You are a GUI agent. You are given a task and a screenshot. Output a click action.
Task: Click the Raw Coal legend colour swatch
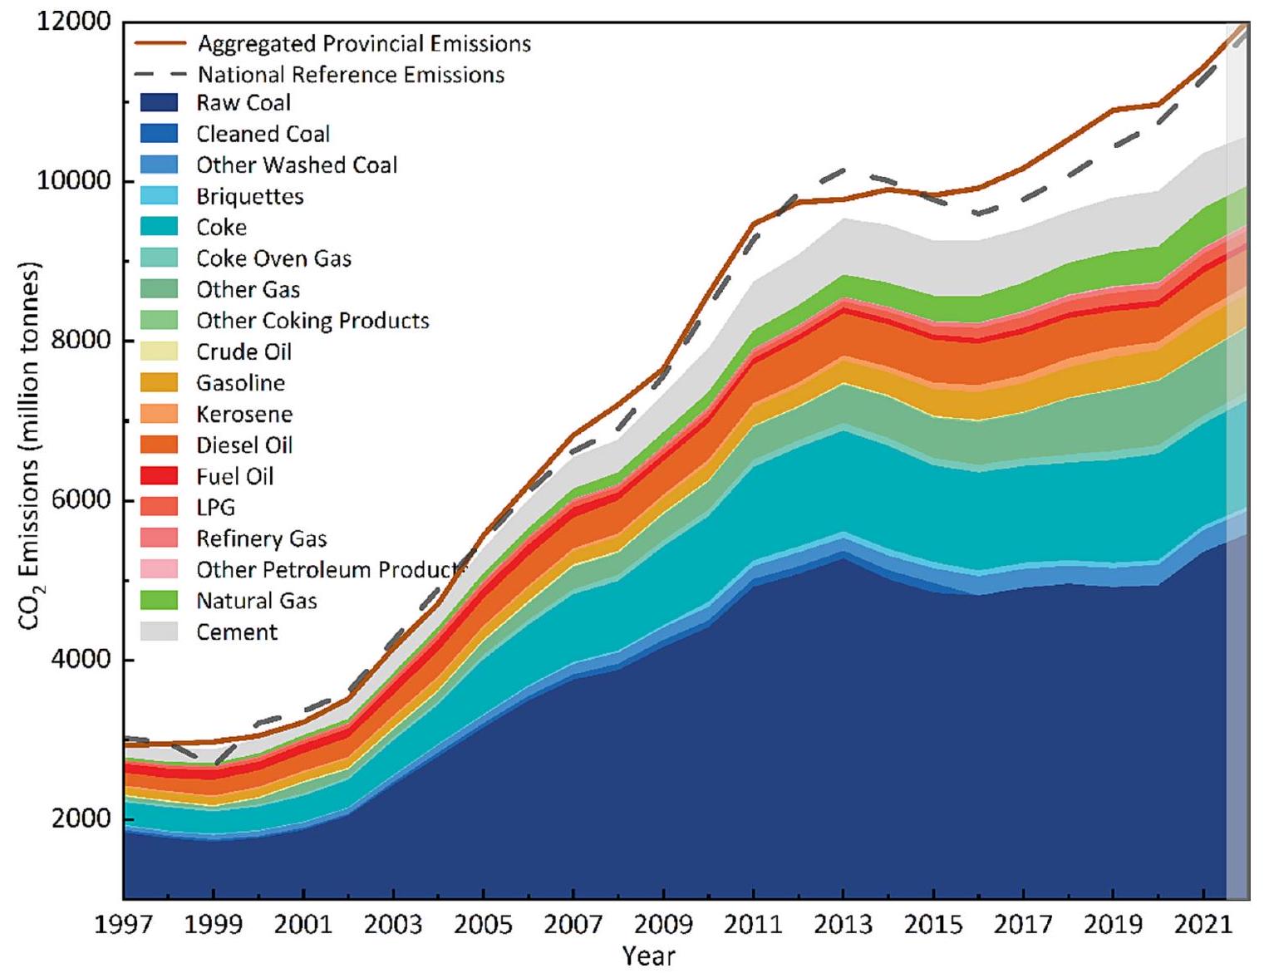[x=159, y=103]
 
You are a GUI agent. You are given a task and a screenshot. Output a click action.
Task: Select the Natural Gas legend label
[x=256, y=601]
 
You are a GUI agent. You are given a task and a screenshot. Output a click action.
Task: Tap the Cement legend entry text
[x=237, y=632]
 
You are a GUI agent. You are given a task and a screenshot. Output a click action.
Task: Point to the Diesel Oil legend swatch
[x=159, y=445]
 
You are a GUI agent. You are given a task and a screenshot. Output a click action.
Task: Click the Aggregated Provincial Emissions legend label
[x=364, y=43]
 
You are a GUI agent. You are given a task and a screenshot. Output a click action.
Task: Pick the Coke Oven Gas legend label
[x=273, y=258]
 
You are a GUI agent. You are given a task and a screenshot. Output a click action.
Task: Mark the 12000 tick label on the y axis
[x=74, y=22]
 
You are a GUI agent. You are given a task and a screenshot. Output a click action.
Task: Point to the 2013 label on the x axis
[x=843, y=925]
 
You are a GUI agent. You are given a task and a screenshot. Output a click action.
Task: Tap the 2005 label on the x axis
[x=483, y=925]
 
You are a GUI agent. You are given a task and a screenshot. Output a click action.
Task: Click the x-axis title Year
[x=649, y=956]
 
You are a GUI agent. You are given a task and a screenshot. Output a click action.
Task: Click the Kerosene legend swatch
[x=159, y=414]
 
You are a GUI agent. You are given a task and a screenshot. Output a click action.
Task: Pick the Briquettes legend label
[x=249, y=196]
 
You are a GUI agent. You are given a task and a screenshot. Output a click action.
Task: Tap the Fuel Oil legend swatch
[x=159, y=476]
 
